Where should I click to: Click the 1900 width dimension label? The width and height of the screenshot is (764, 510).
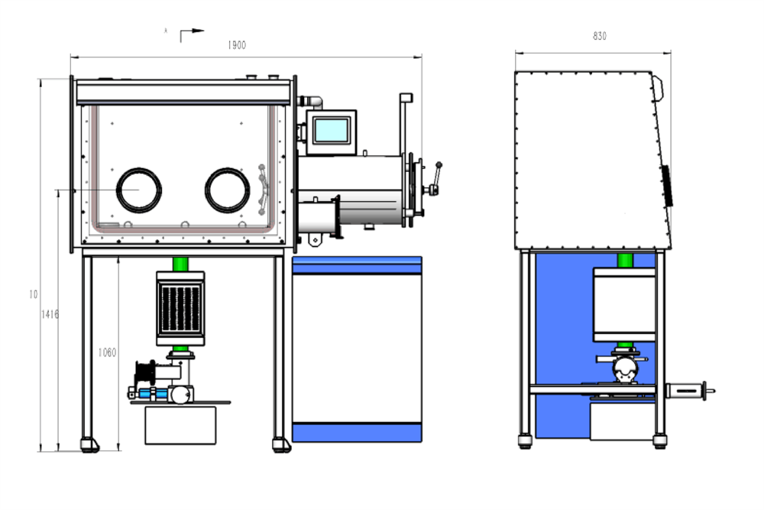[237, 45]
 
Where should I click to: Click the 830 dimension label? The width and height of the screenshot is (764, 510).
[600, 36]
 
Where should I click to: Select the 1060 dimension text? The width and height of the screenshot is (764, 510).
[107, 352]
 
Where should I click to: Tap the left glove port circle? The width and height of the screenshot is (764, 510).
[138, 189]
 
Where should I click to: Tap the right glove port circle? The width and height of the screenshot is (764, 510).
[228, 189]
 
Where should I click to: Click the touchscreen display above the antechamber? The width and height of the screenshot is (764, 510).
[332, 130]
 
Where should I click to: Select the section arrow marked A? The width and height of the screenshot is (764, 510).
[191, 33]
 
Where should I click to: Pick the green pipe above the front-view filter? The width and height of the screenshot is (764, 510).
[180, 263]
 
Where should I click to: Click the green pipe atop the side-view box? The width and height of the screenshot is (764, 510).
[625, 260]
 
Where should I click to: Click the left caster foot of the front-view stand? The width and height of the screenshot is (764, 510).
[89, 444]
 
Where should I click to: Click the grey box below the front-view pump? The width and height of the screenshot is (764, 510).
[180, 425]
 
